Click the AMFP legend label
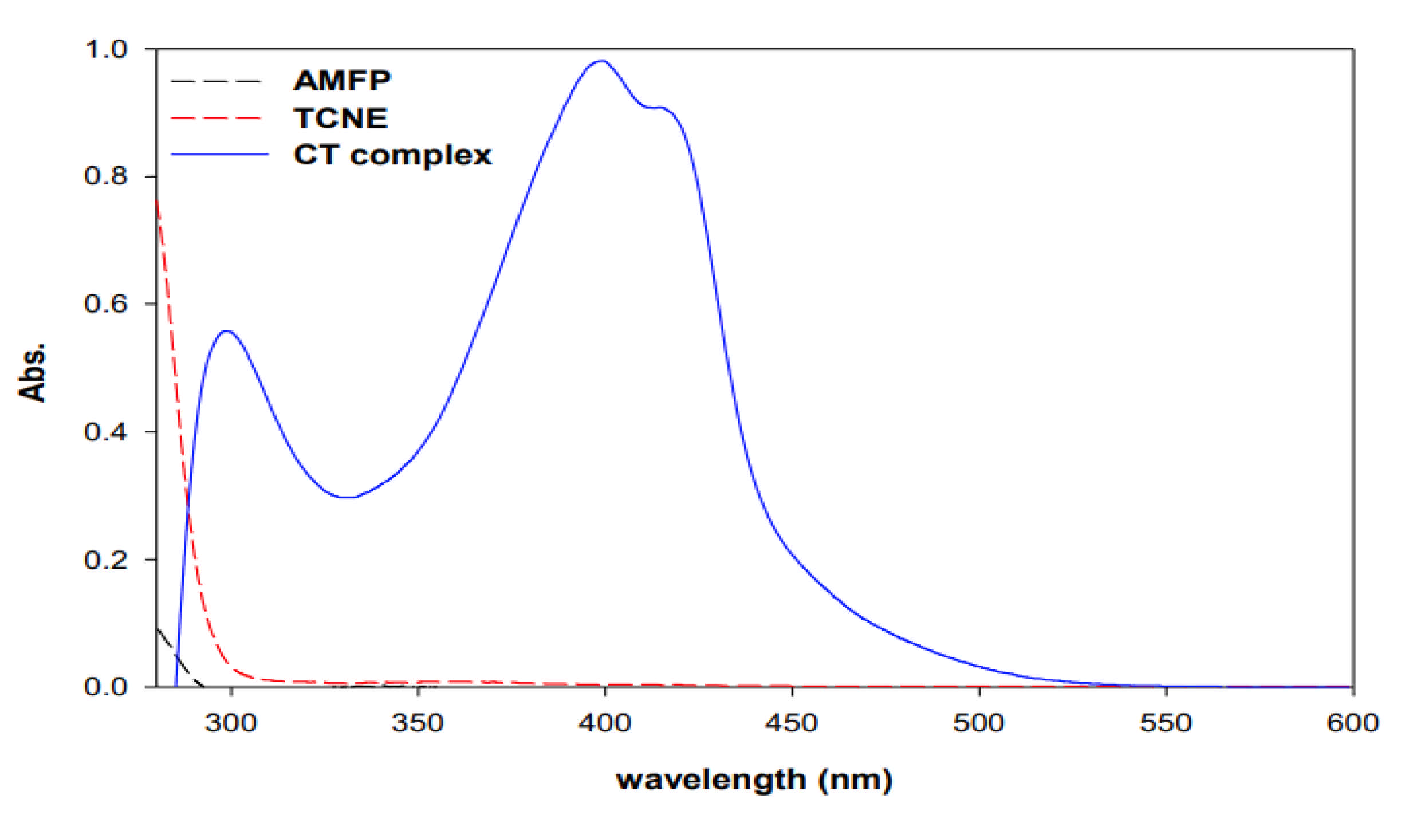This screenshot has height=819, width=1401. pyautogui.click(x=342, y=81)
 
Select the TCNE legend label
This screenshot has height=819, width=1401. pyautogui.click(x=341, y=119)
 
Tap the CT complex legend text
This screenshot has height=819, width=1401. pyautogui.click(x=392, y=155)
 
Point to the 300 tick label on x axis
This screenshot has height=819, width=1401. pyautogui.click(x=231, y=723)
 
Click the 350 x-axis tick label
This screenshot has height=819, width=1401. pyautogui.click(x=418, y=723)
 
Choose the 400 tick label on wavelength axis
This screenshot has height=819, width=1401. pyautogui.click(x=605, y=723)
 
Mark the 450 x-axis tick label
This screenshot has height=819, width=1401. pyautogui.click(x=792, y=723)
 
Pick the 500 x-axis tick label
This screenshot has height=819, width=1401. pyautogui.click(x=979, y=723)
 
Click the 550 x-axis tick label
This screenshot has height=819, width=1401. pyautogui.click(x=1166, y=723)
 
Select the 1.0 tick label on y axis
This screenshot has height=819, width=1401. pyautogui.click(x=106, y=50)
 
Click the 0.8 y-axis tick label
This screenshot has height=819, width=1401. pyautogui.click(x=106, y=176)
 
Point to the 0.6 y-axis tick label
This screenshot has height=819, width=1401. pyautogui.click(x=106, y=304)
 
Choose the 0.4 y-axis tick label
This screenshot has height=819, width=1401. pyautogui.click(x=106, y=432)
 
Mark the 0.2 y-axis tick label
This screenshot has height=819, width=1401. pyautogui.click(x=106, y=560)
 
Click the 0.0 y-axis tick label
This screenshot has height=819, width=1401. pyautogui.click(x=106, y=686)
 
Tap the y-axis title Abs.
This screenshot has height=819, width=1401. pyautogui.click(x=32, y=372)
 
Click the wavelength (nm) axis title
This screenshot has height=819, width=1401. pyautogui.click(x=754, y=780)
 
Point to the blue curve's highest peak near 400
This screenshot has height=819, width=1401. pyautogui.click(x=601, y=61)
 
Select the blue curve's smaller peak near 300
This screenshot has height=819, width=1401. pyautogui.click(x=227, y=332)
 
